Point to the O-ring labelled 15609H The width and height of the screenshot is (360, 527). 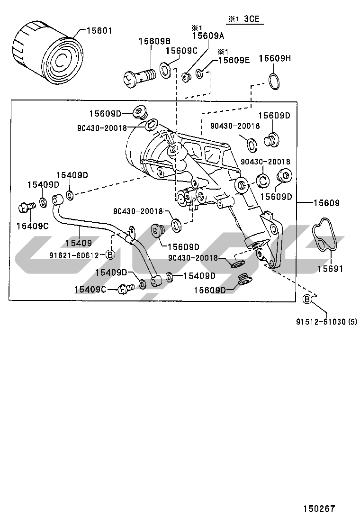(273, 81)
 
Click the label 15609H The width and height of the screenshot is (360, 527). (274, 58)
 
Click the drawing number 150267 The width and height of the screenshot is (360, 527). (319, 509)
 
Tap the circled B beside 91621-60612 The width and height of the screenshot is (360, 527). (109, 255)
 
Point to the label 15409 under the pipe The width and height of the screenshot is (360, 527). (78, 243)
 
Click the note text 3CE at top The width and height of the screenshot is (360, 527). (252, 19)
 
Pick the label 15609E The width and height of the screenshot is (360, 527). (234, 60)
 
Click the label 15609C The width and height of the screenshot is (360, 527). (181, 51)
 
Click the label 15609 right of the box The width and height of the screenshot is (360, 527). (326, 203)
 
